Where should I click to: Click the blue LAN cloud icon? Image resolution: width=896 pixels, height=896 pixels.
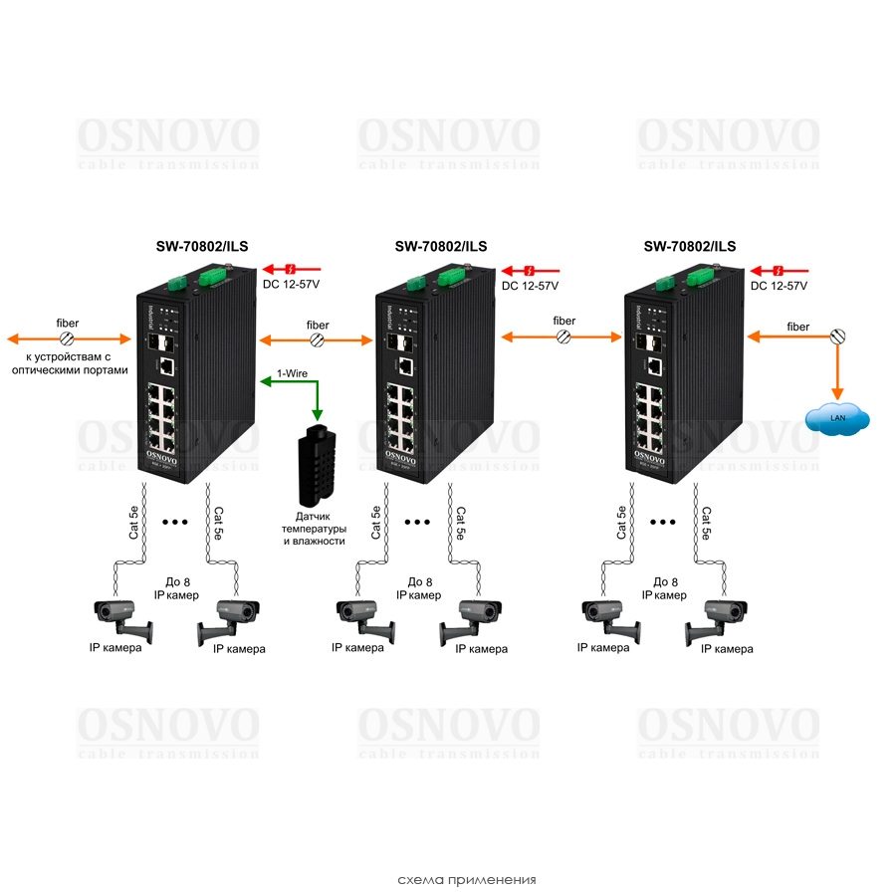point(837,418)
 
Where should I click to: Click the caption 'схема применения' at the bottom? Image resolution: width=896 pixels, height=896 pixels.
point(466,879)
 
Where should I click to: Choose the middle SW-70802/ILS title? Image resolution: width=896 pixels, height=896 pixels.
point(440,247)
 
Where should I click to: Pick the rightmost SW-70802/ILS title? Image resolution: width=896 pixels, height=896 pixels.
point(689,247)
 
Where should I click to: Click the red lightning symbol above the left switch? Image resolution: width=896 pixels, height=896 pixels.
point(290,269)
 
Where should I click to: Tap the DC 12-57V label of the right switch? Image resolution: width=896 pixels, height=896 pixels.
point(779,286)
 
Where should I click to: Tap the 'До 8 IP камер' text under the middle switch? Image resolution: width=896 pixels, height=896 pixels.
point(419,588)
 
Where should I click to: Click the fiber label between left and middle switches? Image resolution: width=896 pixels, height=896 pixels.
point(317,325)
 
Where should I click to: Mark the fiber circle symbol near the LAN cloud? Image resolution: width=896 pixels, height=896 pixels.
point(838,337)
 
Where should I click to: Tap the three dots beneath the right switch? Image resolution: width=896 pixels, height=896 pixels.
point(663,521)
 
